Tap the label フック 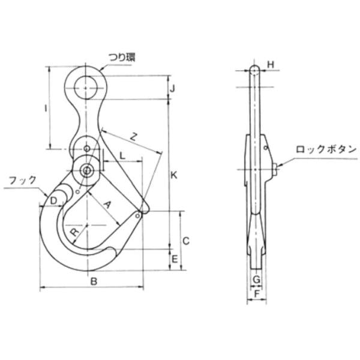(23, 179)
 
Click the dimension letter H (271, 64)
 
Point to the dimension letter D (53, 199)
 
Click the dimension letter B (92, 281)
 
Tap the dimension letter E (174, 259)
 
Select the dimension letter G (256, 280)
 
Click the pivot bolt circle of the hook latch (87, 170)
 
